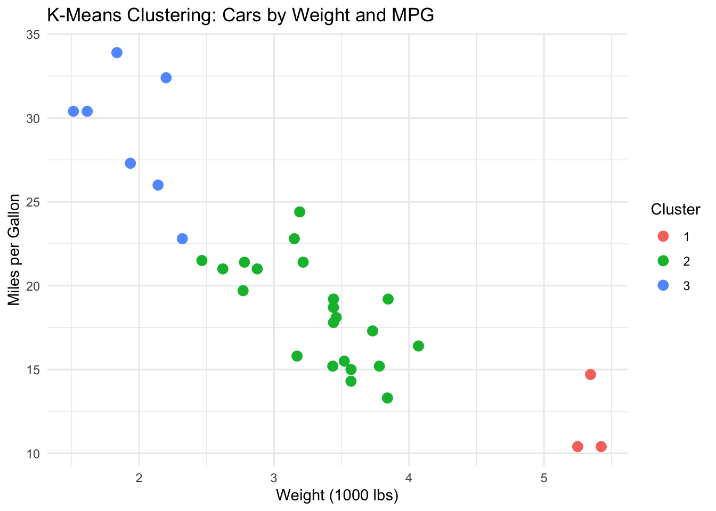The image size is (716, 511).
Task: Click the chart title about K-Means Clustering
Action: point(240,15)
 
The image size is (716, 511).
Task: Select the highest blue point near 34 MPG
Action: point(117,53)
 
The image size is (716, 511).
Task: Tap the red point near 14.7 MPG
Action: point(590,375)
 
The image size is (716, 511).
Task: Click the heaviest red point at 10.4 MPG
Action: point(601,447)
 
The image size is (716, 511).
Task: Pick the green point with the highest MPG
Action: point(300,212)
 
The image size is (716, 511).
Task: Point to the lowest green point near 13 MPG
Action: point(387,398)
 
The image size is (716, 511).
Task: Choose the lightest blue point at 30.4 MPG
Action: point(74,111)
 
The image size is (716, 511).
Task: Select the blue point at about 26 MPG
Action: point(158,185)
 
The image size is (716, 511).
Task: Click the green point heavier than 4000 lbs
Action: point(418,346)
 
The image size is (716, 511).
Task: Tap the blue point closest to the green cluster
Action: point(182,238)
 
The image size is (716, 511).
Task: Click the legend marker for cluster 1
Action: point(663,236)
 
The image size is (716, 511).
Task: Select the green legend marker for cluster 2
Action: point(663,261)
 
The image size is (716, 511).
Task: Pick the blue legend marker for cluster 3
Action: point(663,285)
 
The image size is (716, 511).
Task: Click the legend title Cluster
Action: point(675,210)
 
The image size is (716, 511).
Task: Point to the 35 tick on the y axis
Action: point(33,35)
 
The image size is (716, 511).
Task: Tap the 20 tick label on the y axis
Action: point(33,286)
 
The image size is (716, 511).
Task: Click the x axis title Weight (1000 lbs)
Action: point(337,496)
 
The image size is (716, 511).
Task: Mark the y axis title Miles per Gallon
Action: point(14,250)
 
